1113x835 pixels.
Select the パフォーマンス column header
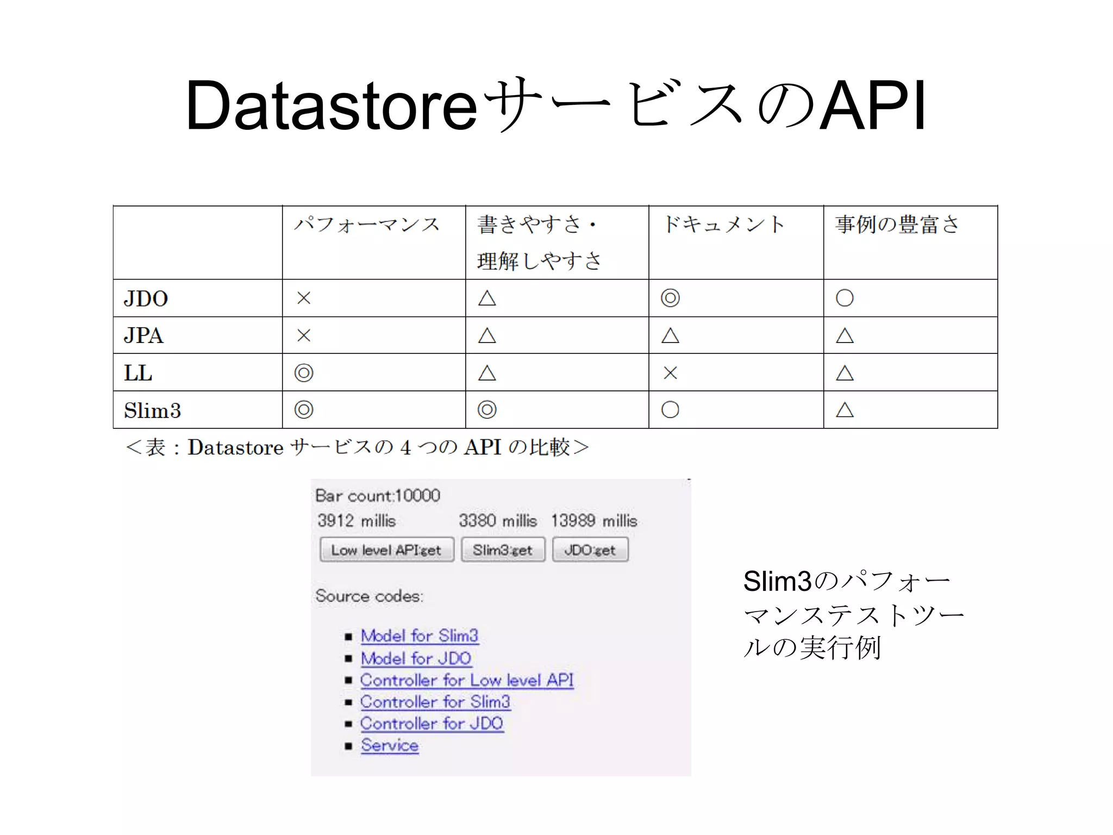coord(367,225)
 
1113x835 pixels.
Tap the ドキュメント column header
coord(723,225)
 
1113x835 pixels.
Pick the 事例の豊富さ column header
coord(897,225)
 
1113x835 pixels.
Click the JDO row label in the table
coord(146,298)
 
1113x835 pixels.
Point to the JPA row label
coord(143,335)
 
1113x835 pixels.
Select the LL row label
coord(138,373)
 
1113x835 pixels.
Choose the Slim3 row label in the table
coord(152,410)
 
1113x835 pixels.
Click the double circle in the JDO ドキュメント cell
coord(670,298)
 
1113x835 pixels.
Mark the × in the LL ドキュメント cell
coord(670,373)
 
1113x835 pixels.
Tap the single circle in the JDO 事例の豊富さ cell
coord(845,298)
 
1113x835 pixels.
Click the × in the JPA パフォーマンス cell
coord(304,335)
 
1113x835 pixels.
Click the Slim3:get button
coord(503,550)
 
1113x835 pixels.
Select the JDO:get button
coord(590,550)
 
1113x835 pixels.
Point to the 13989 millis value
coord(594,521)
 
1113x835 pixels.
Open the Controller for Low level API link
coord(467,680)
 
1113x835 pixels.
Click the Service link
coord(390,745)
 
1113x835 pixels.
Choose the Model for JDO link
coord(416,658)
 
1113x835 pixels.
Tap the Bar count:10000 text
coord(378,496)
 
